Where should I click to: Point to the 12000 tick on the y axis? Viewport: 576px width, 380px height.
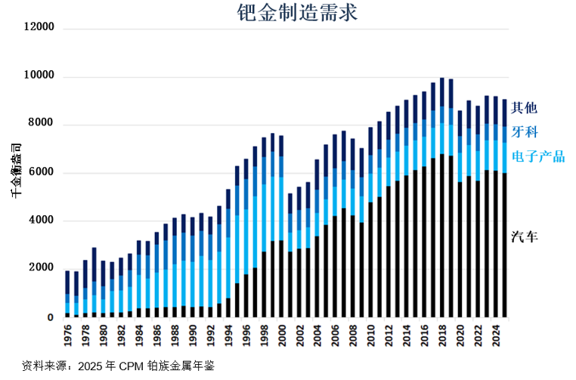point(39,28)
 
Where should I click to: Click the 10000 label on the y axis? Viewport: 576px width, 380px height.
point(39,76)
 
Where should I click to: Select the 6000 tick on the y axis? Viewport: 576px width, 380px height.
point(42,173)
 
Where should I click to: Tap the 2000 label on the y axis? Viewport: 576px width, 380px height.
point(42,269)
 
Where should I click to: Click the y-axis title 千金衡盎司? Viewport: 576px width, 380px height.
point(16,170)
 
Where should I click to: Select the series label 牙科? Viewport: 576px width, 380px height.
point(525,131)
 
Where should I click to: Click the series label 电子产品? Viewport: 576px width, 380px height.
point(538,156)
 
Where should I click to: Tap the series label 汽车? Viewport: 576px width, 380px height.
point(525,237)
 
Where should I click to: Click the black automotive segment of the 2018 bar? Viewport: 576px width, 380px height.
point(441,242)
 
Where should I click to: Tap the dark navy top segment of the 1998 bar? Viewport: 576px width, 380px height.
point(264,145)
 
